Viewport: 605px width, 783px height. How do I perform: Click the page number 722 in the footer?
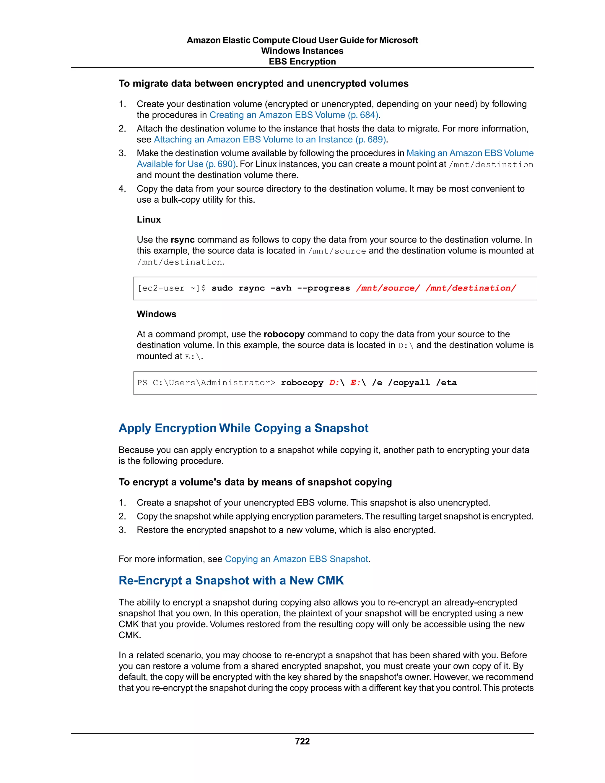pos(302,741)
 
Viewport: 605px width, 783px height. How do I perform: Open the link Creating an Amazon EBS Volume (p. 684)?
pos(294,115)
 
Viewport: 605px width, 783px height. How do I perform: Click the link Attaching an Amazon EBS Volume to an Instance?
pos(269,139)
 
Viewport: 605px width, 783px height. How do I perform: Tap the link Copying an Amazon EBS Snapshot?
pos(296,559)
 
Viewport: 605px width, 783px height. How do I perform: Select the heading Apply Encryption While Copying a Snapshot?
pos(243,428)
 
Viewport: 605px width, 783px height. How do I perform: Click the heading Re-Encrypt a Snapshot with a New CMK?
pos(231,580)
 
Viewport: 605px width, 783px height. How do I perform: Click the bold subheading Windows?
pos(157,314)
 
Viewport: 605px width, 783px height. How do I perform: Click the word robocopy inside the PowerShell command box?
pos(302,383)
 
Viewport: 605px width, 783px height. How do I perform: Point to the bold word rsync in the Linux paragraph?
pos(183,240)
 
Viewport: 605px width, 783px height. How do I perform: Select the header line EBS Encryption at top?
pos(302,62)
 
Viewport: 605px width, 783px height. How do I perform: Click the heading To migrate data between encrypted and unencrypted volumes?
pos(264,84)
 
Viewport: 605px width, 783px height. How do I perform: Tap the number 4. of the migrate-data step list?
pos(122,189)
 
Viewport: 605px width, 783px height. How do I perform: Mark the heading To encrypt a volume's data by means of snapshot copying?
pos(255,482)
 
